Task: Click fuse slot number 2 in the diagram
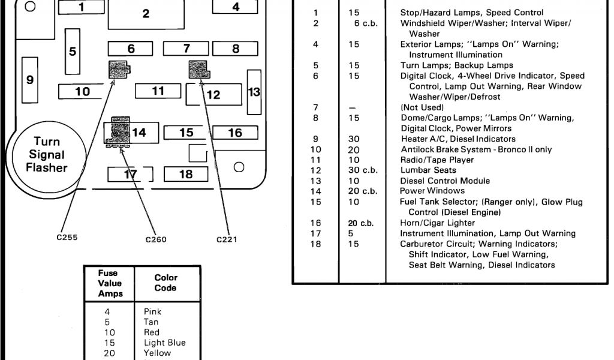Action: [x=146, y=14]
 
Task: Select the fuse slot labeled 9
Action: [x=29, y=80]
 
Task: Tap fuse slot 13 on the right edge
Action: [x=254, y=92]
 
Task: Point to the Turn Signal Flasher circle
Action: [x=46, y=154]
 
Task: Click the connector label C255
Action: [x=68, y=236]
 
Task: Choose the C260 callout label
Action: [x=156, y=240]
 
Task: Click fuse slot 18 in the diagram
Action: [x=186, y=174]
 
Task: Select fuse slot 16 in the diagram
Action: [x=235, y=133]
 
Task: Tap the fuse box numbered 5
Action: [x=73, y=52]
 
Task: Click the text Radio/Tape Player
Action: [x=437, y=160]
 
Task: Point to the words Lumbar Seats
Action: [x=426, y=170]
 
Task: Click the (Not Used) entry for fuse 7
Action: [x=422, y=107]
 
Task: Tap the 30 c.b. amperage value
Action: [x=363, y=170]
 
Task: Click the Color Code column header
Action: [x=165, y=283]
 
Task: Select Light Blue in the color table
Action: [x=164, y=343]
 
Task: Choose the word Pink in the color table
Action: [x=152, y=311]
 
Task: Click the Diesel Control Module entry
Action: [x=444, y=181]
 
